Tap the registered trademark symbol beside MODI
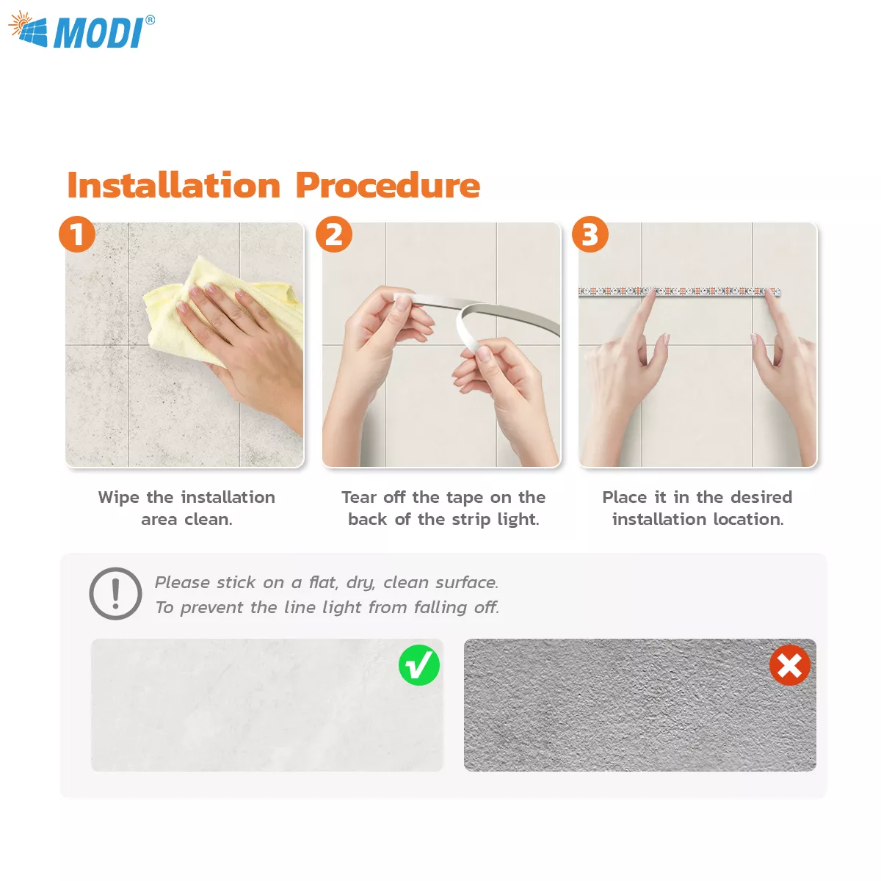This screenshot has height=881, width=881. click(150, 20)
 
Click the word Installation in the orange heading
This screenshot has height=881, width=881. click(173, 186)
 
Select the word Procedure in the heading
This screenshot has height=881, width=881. click(388, 186)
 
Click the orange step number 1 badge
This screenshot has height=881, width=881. click(77, 234)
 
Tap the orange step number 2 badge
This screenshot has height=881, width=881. click(334, 234)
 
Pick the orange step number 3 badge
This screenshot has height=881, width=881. click(590, 234)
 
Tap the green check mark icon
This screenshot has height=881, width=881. click(419, 665)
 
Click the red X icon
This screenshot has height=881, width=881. click(790, 665)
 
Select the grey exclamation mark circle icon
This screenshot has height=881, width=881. click(115, 593)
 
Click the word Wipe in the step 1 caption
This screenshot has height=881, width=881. click(118, 497)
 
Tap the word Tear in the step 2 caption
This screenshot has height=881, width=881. click(359, 497)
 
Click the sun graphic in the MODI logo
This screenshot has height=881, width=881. click(21, 23)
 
